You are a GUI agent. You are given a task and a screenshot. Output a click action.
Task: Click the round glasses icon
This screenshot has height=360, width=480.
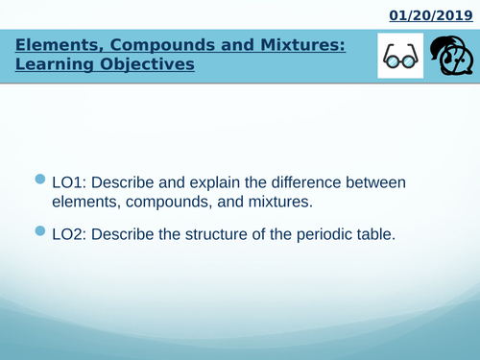click(397, 60)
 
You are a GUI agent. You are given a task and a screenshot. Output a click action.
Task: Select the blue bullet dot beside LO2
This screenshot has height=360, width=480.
click(39, 231)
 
